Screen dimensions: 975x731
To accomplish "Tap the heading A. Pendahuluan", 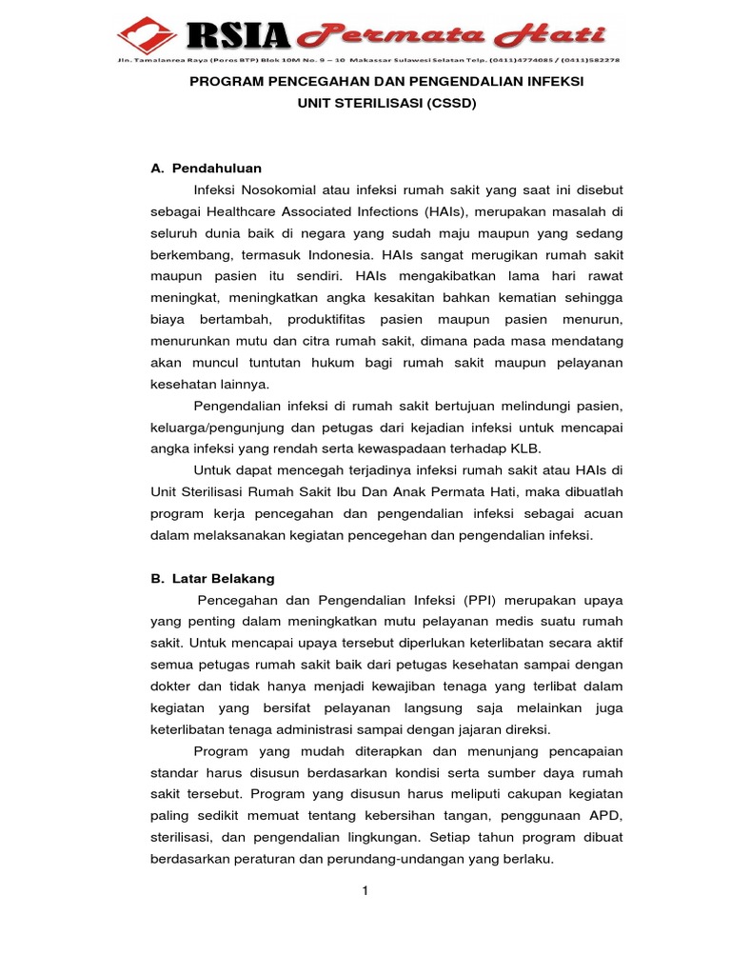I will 207,169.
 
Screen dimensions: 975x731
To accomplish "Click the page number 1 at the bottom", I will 364,890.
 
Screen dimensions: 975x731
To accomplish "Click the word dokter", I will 172,686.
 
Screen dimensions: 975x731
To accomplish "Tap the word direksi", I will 527,729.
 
